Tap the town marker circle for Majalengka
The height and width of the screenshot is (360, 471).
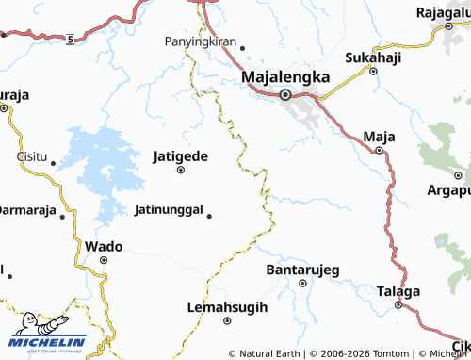click(x=285, y=93)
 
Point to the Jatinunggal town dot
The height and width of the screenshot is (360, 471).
click(x=209, y=215)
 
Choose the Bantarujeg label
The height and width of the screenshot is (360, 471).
click(x=303, y=270)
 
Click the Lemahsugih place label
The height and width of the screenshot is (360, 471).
click(x=228, y=307)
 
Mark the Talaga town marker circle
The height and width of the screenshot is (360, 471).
click(x=398, y=304)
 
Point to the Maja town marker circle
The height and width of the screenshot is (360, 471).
click(x=380, y=149)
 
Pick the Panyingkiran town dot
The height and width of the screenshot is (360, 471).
click(x=242, y=47)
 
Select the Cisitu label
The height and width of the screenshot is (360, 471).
click(x=32, y=156)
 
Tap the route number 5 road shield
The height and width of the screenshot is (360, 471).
click(x=70, y=39)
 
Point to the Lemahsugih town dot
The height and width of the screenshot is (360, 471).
click(x=228, y=320)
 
